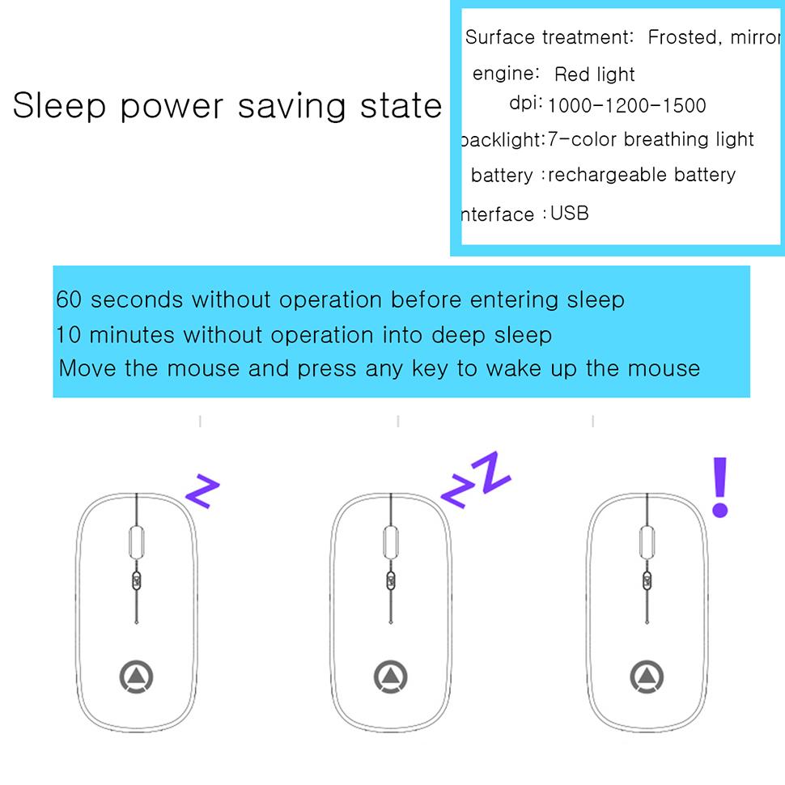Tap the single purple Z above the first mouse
[x=202, y=491]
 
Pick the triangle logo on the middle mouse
[x=391, y=676]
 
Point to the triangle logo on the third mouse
[x=647, y=676]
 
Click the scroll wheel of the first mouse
[x=135, y=541]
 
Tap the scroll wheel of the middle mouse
[x=391, y=541]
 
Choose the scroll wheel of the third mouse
[x=647, y=541]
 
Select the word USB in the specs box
[x=570, y=214]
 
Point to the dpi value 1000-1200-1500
[x=627, y=106]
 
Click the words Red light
[x=595, y=75]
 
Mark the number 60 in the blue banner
[x=69, y=300]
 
